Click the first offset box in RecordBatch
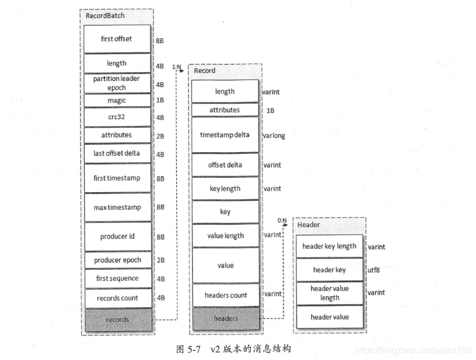click(117, 39)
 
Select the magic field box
click(117, 100)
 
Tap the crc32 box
click(117, 117)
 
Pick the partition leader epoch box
click(117, 83)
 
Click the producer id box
click(117, 236)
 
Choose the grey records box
click(117, 319)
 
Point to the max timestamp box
click(117, 207)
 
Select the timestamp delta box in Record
click(225, 135)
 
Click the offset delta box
click(225, 165)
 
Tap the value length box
click(225, 236)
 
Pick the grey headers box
click(225, 318)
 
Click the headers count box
click(225, 295)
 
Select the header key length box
click(329, 246)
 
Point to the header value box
click(329, 317)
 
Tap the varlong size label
click(274, 136)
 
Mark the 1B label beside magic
click(160, 100)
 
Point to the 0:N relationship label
click(282, 220)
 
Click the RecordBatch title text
click(105, 15)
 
